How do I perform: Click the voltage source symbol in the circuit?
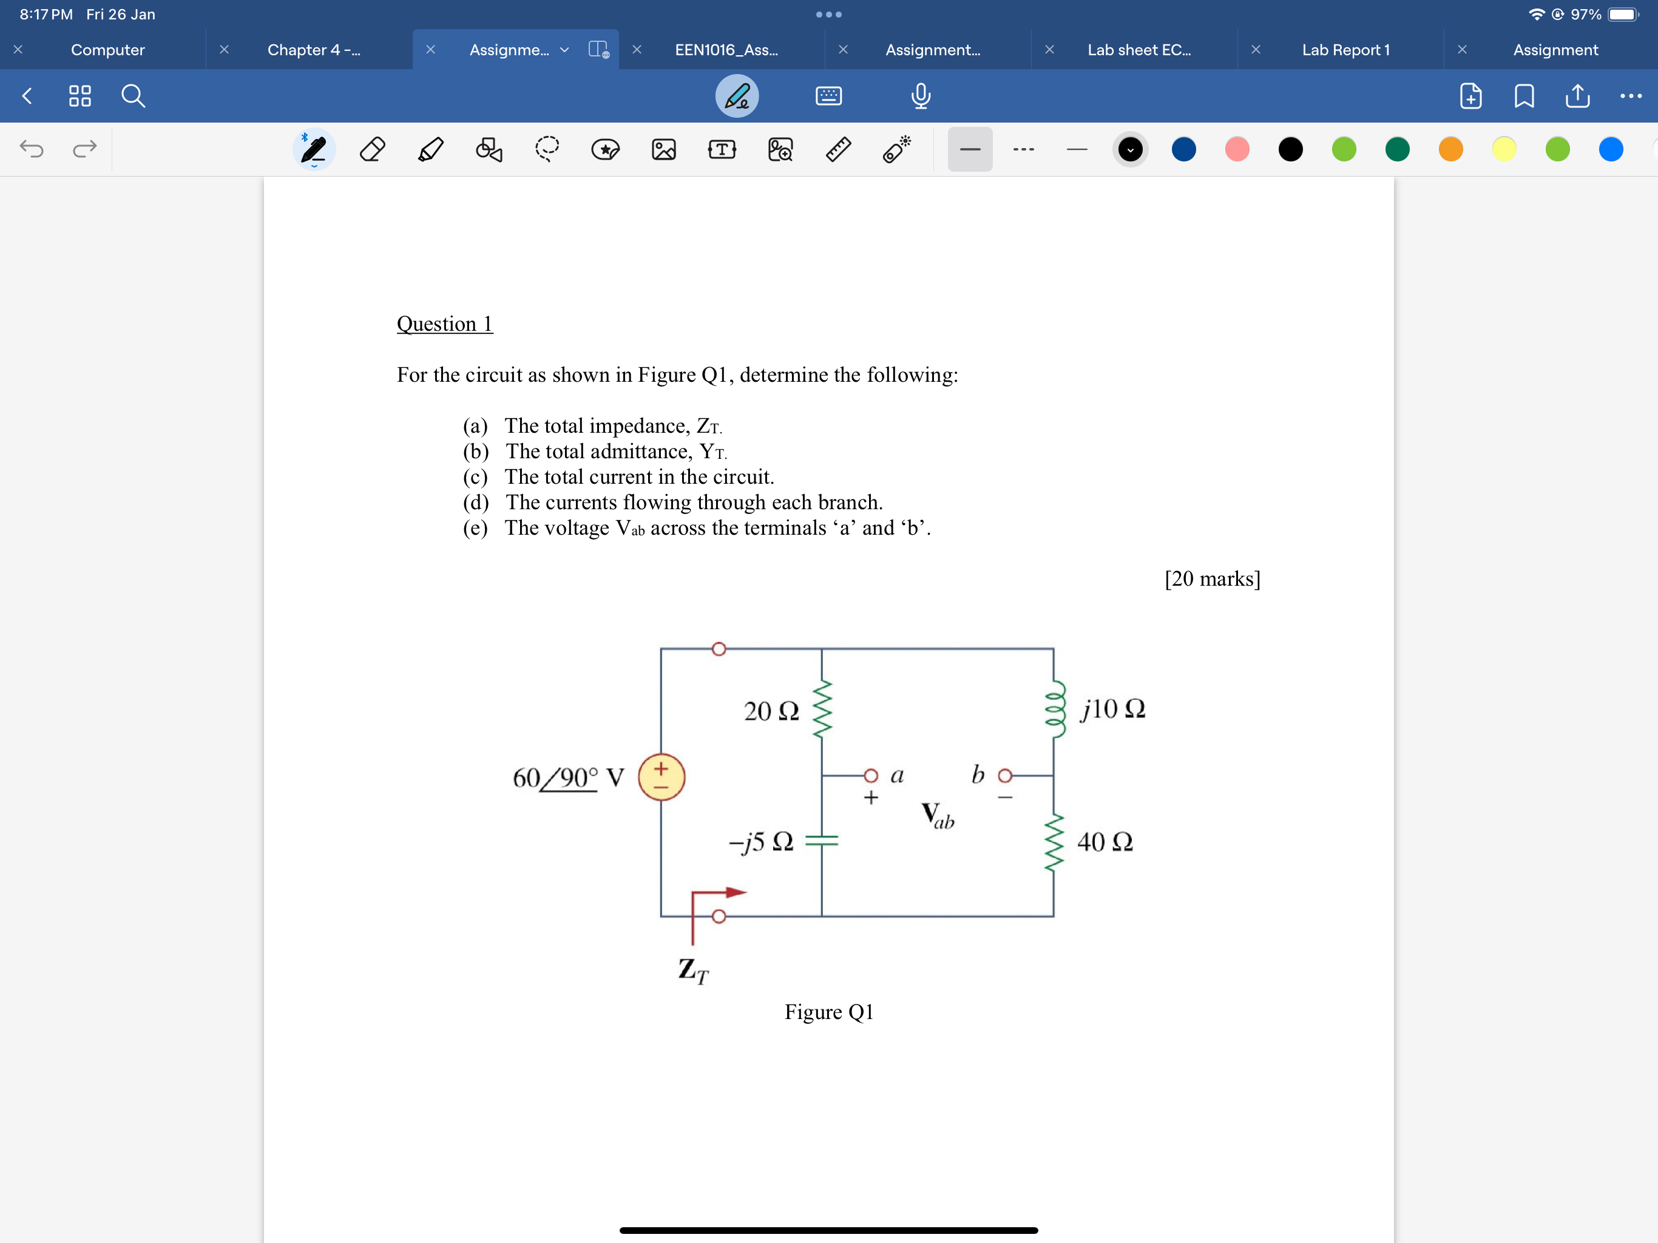coord(661,777)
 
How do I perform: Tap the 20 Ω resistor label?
coord(771,711)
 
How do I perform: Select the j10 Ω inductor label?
coord(1112,708)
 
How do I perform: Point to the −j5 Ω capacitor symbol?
coord(822,841)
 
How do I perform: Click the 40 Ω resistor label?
coord(1105,842)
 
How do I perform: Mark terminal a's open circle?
coord(870,775)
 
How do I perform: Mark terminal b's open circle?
coord(1005,775)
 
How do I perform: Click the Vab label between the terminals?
coord(937,815)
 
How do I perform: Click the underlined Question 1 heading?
coord(444,324)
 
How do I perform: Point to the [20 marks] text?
coord(1212,579)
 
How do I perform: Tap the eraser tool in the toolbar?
coord(373,149)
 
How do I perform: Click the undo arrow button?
coord(32,149)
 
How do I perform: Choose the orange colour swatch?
coord(1450,149)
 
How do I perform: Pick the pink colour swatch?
coord(1237,149)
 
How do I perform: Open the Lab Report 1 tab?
coord(1345,50)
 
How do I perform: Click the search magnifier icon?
coord(134,96)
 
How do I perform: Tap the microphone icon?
coord(921,96)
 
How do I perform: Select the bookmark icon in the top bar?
coord(1524,96)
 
